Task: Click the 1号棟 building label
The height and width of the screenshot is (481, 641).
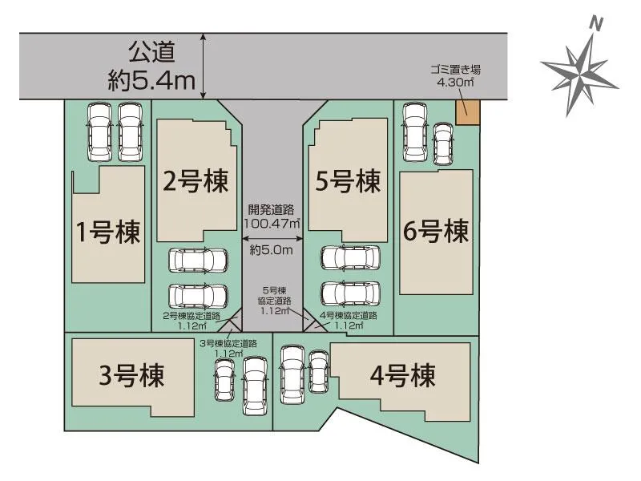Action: [107, 232]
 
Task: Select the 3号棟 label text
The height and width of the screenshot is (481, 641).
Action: [132, 375]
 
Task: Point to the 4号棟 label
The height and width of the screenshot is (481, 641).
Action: [402, 375]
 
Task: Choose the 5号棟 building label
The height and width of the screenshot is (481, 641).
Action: [347, 182]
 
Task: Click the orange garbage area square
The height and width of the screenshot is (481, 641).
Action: [466, 112]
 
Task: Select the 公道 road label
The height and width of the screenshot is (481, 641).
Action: [151, 52]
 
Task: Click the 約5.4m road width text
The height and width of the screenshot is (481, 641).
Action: [151, 79]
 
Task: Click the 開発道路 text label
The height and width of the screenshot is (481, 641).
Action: [272, 210]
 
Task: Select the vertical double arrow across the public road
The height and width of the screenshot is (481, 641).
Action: [205, 67]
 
